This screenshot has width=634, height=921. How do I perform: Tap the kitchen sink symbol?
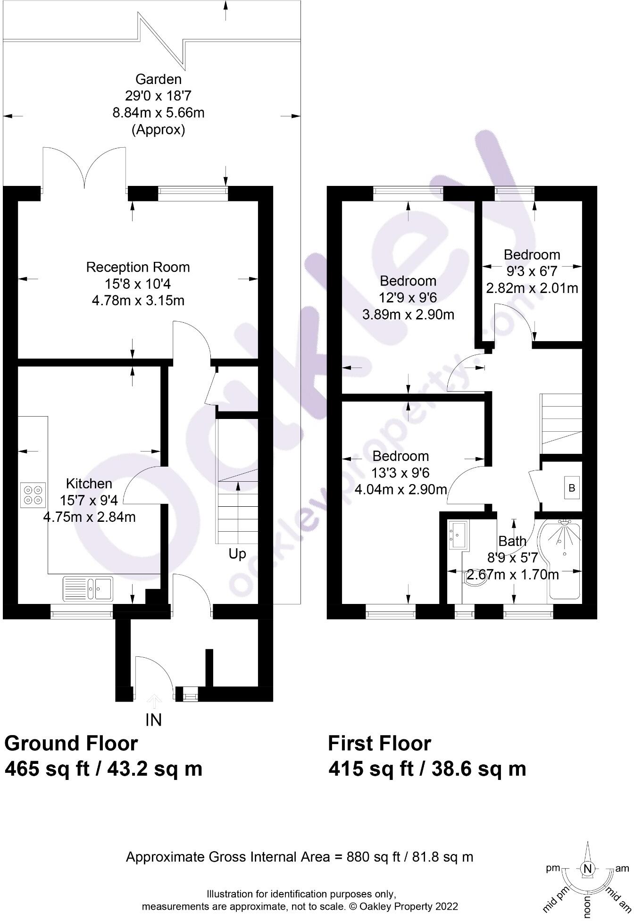(88, 588)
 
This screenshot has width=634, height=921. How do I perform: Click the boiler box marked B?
(572, 488)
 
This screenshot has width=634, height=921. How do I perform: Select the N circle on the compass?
(587, 869)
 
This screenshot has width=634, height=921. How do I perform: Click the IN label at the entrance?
(154, 720)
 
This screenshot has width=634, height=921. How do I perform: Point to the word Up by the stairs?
(237, 553)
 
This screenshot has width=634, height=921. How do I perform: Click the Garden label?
(158, 79)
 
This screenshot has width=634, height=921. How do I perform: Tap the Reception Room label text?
(138, 268)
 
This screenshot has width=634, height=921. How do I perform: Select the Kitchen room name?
(89, 484)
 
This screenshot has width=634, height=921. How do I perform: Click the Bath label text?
(512, 541)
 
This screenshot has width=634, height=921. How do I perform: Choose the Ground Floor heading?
(71, 744)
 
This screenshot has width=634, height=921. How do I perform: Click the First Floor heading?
(379, 744)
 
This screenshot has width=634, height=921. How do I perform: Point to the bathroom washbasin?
(458, 535)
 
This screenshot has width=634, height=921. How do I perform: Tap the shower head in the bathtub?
(563, 524)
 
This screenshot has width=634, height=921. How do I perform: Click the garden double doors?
(84, 167)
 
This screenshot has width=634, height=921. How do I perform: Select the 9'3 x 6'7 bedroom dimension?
(532, 271)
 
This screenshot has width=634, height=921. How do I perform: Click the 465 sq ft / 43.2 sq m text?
(103, 769)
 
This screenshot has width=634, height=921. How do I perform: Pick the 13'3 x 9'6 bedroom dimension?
(400, 473)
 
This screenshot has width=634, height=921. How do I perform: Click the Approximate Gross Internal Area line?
(300, 857)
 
